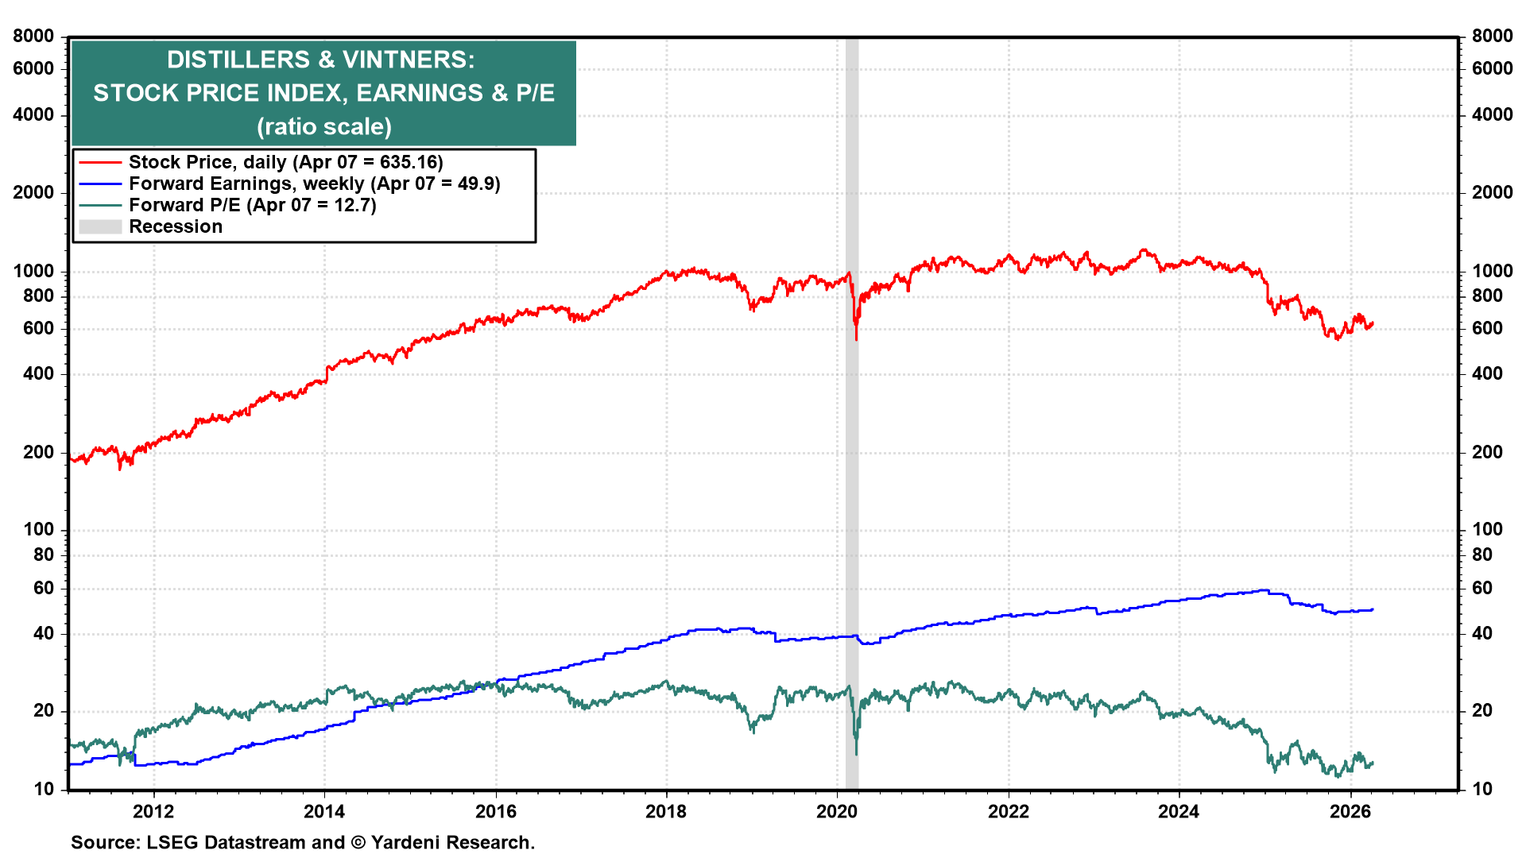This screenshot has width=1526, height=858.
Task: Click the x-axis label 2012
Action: [153, 811]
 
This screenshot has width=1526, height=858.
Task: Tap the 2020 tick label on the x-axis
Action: [837, 811]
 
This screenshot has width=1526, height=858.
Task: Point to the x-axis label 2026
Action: [1350, 811]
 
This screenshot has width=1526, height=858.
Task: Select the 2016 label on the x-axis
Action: [495, 811]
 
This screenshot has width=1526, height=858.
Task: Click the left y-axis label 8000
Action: [33, 36]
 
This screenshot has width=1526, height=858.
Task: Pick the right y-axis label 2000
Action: [1492, 192]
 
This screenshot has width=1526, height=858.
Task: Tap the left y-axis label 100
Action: [39, 529]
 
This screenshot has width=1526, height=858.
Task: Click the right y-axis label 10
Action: [1482, 789]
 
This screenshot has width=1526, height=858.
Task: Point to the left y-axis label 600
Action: [39, 328]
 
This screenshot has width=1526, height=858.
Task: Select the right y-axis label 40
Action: [1482, 633]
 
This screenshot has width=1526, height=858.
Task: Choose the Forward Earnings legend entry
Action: [314, 184]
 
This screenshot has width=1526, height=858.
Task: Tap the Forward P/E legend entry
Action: [252, 205]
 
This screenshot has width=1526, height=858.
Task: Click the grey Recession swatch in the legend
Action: [100, 226]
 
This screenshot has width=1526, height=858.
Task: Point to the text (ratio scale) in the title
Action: [323, 126]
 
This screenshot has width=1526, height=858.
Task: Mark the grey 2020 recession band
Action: [851, 477]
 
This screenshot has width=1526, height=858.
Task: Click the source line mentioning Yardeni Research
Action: [302, 842]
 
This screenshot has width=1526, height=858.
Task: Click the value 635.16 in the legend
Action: [409, 162]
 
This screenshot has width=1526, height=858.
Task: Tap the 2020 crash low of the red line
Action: [856, 339]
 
